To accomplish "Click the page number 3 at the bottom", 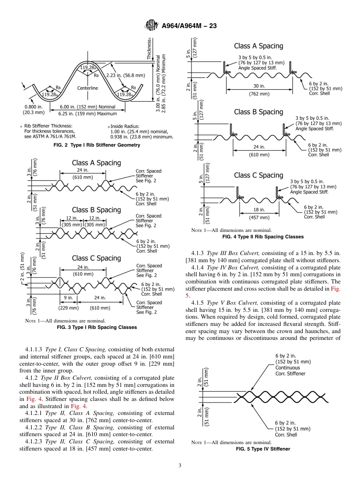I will (180, 466).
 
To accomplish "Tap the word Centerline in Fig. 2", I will (88, 88).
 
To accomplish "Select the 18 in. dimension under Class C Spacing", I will (259, 210).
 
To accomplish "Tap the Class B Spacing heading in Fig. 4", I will (258, 112).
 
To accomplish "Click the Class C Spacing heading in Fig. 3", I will (96, 258).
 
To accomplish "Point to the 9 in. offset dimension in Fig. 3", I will (68, 298).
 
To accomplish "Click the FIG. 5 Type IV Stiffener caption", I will (263, 449).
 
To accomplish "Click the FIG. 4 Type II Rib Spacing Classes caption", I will (263, 237).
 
